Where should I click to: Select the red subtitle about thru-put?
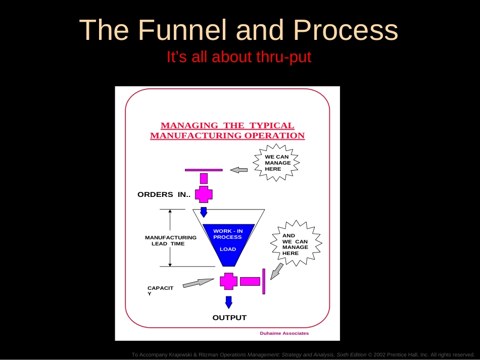239,58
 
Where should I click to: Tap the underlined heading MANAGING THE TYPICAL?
227,126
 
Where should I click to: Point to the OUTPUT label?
229,318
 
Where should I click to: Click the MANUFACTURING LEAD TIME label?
170,240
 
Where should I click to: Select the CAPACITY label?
160,290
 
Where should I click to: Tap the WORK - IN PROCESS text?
228,234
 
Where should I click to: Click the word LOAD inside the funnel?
228,249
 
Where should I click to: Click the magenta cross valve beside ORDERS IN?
204,194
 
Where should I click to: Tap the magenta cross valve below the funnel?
229,281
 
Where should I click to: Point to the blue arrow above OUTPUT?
229,302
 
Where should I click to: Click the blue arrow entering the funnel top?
204,212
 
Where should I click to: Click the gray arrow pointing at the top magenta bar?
239,170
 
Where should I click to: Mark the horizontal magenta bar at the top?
204,170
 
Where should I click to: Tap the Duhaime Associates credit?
284,333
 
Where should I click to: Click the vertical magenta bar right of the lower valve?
264,281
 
